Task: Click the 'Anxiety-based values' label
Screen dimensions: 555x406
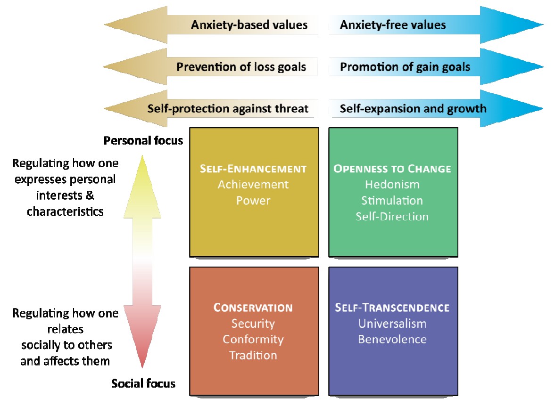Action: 249,25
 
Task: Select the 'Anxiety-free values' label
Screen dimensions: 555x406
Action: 393,25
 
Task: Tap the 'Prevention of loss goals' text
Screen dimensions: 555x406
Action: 241,67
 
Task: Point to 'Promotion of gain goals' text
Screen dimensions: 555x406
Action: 405,67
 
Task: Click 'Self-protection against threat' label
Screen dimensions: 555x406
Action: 228,109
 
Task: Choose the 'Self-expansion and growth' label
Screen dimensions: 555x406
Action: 413,109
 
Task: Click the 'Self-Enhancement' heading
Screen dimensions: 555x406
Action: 253,169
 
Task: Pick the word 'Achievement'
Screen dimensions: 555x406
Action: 253,185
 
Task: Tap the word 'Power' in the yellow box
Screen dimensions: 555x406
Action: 253,201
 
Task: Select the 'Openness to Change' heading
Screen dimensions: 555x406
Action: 392,169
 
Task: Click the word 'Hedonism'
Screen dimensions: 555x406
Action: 392,185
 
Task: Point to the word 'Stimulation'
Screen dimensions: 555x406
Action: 392,201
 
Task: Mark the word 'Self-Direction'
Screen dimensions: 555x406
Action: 392,217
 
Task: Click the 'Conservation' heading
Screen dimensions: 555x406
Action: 253,308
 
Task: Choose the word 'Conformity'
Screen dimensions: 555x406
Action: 253,340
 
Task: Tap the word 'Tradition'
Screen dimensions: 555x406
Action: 253,356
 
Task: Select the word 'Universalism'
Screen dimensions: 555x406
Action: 392,324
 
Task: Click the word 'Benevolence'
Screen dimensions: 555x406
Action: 392,340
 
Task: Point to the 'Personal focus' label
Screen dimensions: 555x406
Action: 143,141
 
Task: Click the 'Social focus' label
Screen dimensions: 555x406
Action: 143,384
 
